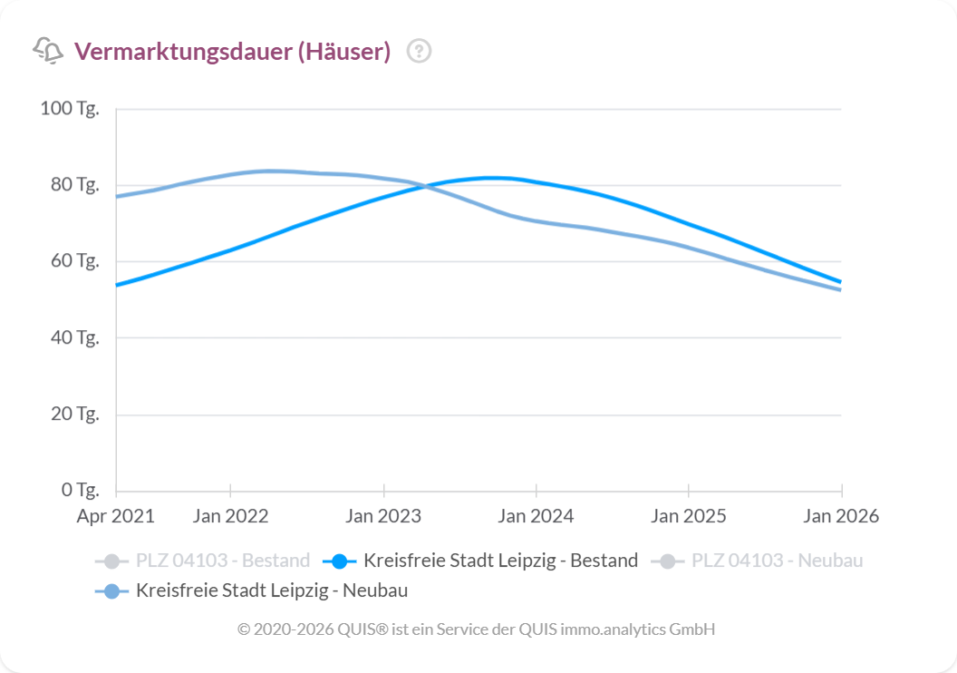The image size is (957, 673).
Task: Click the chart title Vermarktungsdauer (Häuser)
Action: point(232,52)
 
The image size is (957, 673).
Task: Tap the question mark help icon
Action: point(419,52)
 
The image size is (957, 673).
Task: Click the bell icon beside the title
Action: point(48,51)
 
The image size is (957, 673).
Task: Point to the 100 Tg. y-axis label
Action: point(70,109)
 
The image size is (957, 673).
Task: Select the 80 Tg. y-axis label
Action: point(73,185)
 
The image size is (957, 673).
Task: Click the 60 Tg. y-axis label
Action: point(73,261)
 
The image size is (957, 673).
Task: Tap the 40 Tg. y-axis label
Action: point(73,337)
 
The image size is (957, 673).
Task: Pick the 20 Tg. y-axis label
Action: point(73,415)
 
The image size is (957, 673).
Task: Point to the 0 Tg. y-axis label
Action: point(77,491)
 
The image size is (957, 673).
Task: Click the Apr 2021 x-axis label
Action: point(116,516)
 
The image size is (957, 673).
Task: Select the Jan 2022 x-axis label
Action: point(230,516)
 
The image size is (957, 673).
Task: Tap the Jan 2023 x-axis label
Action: point(383,516)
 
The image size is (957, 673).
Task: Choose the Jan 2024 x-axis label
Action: point(536,516)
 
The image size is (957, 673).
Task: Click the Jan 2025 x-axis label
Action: point(689,516)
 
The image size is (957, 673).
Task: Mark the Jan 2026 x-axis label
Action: point(841,516)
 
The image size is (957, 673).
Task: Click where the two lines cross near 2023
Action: point(422,186)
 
